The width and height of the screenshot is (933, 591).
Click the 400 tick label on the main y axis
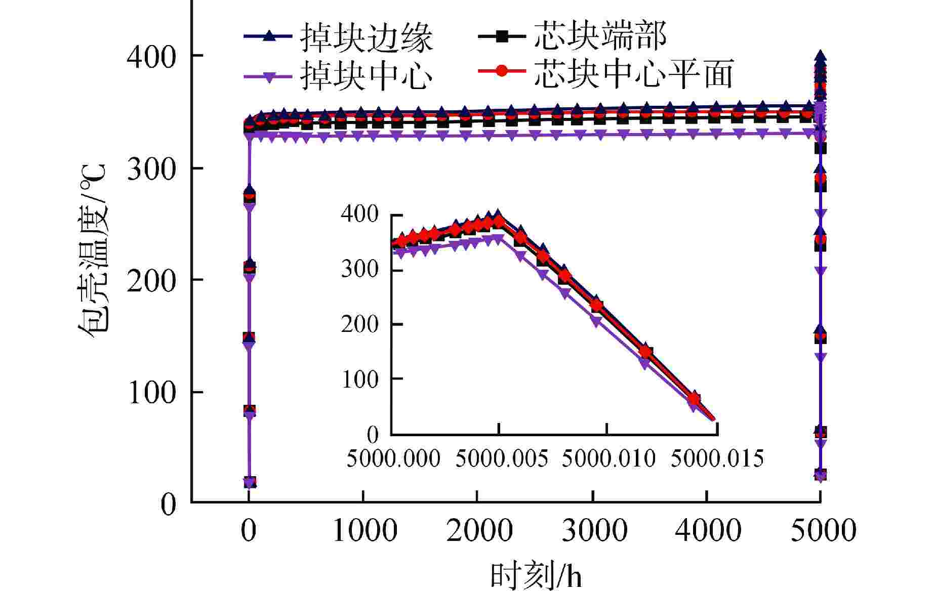[151, 56]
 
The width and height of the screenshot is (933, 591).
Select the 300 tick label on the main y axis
[151, 168]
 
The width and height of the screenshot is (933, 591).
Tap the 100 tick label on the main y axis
[151, 392]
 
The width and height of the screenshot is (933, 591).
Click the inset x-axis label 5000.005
[502, 459]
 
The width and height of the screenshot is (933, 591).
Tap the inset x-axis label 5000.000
[393, 459]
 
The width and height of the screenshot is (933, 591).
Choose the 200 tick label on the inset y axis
[360, 324]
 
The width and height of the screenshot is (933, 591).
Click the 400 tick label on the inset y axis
[360, 214]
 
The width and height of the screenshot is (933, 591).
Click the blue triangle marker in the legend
[269, 36]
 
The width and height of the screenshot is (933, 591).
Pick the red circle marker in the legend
[502, 71]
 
